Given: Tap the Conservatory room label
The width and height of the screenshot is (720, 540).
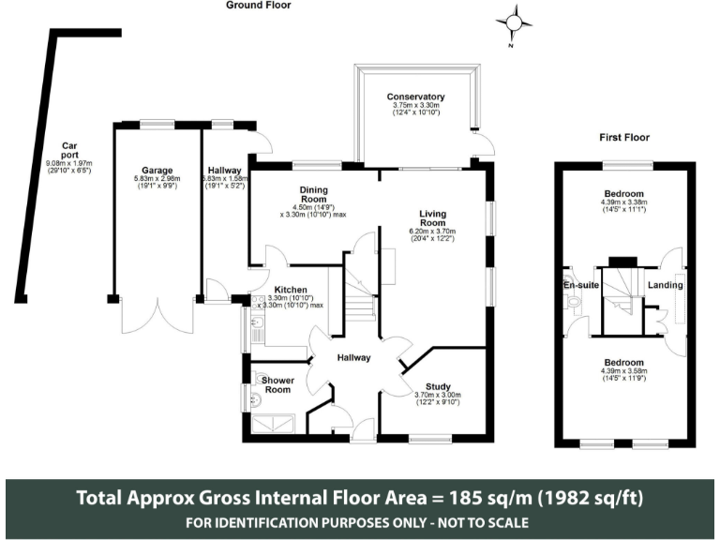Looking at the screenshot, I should pos(416,97).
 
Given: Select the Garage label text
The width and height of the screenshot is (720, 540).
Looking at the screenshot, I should pos(157,171).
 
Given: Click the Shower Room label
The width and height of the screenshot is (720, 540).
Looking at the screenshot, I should pos(277,384).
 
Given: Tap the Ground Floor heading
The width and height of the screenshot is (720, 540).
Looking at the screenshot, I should pos(259,6).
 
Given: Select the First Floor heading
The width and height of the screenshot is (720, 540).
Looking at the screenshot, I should pos(624,138).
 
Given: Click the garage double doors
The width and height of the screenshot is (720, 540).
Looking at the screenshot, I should pos(157,316).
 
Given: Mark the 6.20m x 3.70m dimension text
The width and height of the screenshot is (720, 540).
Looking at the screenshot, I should pos(432,231).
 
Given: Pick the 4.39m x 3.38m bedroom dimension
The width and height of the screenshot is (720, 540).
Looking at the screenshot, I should pos(623,208).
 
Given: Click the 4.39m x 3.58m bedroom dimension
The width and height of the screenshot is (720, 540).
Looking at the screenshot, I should pos(623,373).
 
